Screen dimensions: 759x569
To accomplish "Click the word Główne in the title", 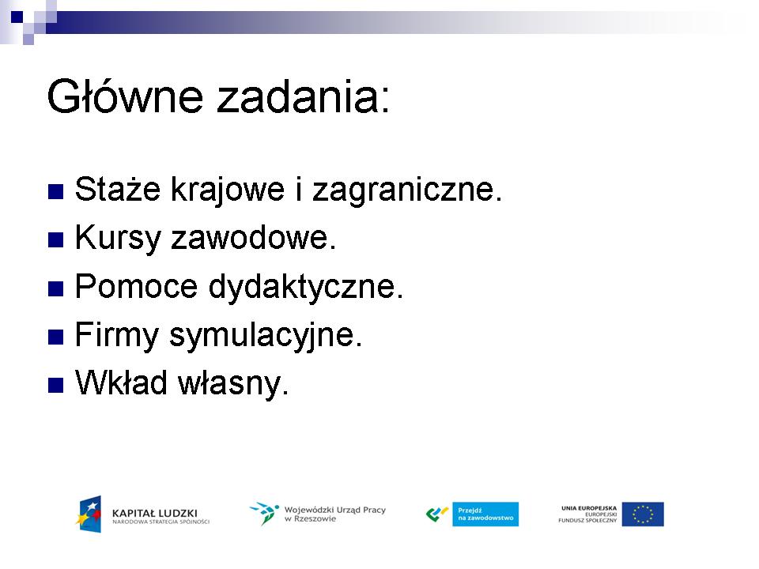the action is pos(125,96).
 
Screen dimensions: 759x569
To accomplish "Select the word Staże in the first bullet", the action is pos(118,188).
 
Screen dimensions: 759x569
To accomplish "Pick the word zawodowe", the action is pos(254,237).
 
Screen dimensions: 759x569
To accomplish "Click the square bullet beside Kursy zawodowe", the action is pos(55,240).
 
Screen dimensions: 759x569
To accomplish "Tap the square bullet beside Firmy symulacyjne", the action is pos(55,337).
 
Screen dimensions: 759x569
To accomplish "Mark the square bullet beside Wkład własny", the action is pos(55,385).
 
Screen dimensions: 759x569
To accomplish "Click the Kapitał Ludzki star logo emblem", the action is pos(89,514).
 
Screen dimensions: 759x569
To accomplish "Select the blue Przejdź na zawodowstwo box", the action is pos(485,514).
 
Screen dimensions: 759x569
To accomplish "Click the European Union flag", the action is pos(643,514).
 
